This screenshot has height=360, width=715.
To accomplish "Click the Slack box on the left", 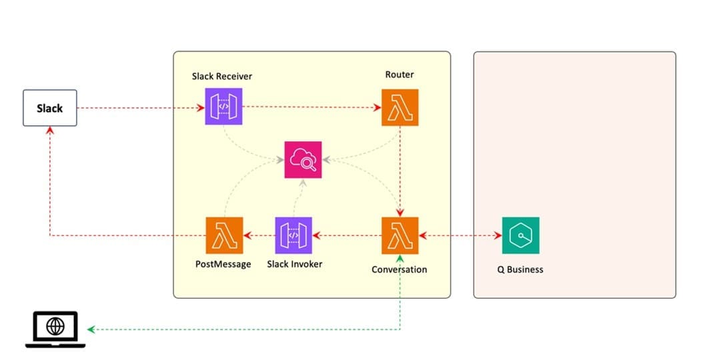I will [x=49, y=107].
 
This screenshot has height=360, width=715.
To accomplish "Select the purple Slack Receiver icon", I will [x=223, y=107].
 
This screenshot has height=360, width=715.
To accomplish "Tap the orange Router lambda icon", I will [x=400, y=107].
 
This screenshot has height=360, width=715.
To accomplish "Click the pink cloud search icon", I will [x=303, y=160].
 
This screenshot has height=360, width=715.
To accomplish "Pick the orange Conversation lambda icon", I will [x=400, y=235].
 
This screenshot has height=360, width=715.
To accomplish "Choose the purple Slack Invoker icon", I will [x=293, y=235].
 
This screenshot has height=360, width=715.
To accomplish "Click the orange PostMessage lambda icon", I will [x=224, y=235].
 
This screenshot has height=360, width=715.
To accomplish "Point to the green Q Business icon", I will [x=520, y=235].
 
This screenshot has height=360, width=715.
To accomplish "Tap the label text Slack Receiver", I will [x=222, y=76].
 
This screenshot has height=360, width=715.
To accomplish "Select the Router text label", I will [x=400, y=74].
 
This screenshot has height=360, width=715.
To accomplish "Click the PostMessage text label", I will [x=223, y=264].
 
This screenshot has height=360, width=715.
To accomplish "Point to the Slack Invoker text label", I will [x=294, y=264].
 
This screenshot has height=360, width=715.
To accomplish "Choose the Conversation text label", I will [x=400, y=269].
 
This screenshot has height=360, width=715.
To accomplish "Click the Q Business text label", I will [x=520, y=269].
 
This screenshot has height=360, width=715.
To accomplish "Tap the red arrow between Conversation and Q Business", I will [x=460, y=235].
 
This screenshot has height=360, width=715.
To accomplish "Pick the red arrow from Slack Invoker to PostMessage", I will [x=259, y=235].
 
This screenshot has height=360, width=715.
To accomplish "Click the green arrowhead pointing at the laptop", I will [x=91, y=329].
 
